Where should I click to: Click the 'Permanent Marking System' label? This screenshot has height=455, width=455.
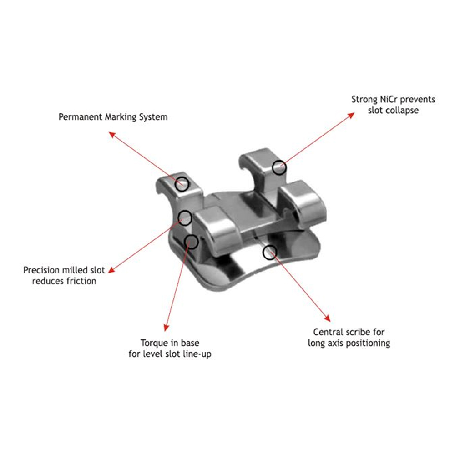[113, 117]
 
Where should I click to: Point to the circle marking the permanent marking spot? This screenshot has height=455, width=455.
[182, 183]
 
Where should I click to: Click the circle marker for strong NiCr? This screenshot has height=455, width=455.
[279, 167]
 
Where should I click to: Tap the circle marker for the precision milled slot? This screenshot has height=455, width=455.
[185, 217]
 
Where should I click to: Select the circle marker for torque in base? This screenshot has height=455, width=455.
[192, 242]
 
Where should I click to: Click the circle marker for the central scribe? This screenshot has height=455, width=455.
[270, 252]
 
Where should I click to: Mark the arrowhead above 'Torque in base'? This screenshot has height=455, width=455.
[166, 329]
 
